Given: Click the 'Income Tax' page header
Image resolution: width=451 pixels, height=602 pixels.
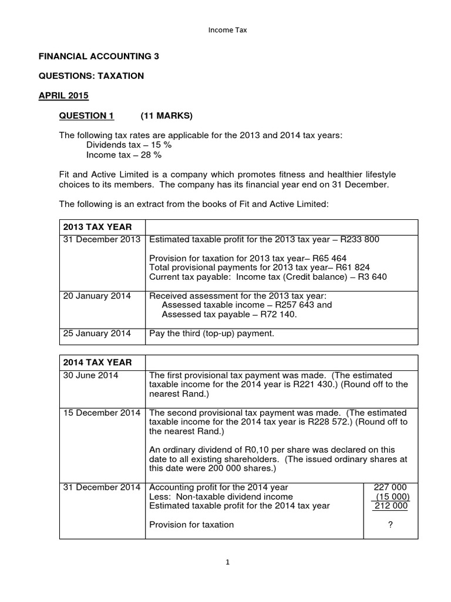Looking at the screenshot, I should (x=226, y=31).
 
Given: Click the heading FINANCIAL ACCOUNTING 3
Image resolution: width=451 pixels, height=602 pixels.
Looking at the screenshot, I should (x=99, y=56).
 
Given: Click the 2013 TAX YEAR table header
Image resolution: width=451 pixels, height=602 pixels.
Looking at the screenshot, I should (x=97, y=227).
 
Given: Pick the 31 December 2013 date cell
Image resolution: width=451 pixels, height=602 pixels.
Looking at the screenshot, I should (x=102, y=239).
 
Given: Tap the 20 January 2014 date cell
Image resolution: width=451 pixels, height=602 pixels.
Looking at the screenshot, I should (x=97, y=296).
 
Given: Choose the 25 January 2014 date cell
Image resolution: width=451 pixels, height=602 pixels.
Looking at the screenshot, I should (x=97, y=333).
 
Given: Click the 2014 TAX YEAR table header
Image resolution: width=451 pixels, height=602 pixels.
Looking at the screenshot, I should (x=97, y=362).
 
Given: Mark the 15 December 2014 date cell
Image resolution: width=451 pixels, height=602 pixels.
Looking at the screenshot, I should (x=102, y=413).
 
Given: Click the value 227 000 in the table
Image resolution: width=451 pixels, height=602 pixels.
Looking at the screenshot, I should (x=391, y=487).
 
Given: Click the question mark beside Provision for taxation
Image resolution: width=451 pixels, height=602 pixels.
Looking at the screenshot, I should (x=391, y=524).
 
